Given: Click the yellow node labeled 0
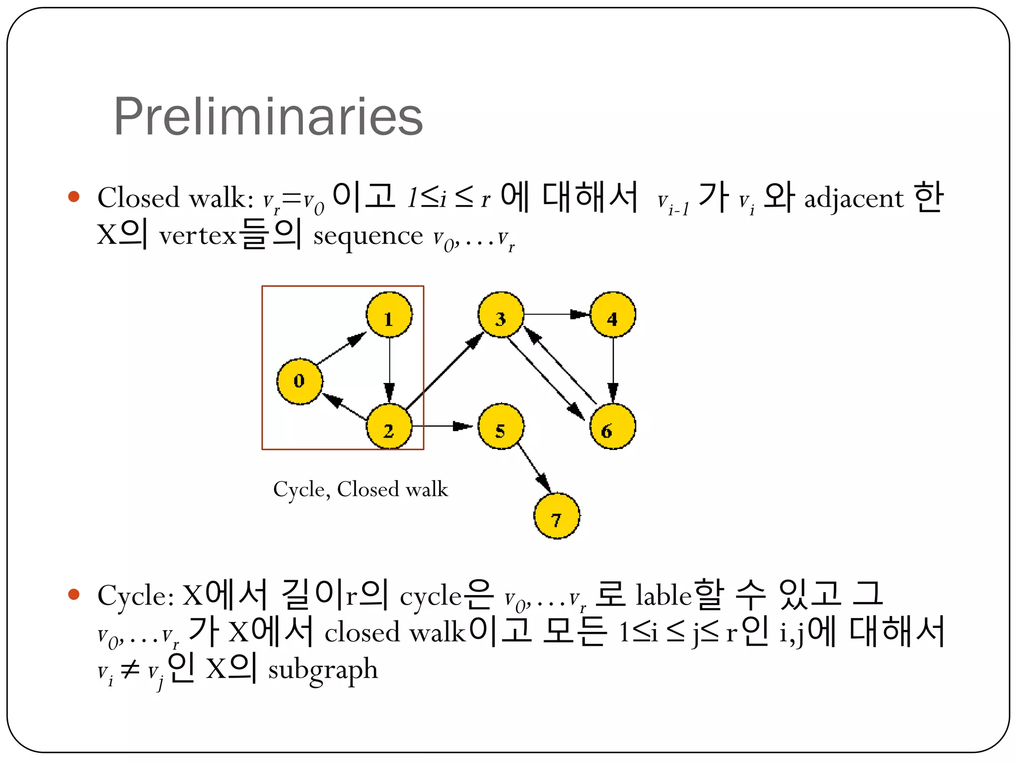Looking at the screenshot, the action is point(299,381).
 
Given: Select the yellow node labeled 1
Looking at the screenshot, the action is point(389,315).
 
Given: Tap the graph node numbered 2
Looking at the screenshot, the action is point(389,427).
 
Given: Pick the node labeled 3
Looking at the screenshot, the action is point(501,315).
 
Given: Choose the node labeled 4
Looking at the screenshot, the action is point(613,315).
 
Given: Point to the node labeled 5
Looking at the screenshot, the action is point(501,427).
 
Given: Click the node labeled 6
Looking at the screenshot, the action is point(613,427).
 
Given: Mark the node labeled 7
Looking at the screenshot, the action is point(557,516).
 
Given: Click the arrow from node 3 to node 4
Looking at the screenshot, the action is point(557,314).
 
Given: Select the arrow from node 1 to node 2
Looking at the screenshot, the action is point(389,370).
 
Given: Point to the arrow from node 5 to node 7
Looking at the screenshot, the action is point(533,466).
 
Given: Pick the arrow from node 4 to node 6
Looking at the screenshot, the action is point(613,370).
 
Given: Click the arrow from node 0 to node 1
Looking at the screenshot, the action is point(342,348).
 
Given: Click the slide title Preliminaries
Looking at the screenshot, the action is point(268,117).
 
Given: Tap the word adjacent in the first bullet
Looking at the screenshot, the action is point(854,199).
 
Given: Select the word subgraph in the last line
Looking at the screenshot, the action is point(323,670).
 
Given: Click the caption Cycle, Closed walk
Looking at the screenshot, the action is point(361,489).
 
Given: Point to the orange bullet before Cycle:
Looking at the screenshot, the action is point(74,594).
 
